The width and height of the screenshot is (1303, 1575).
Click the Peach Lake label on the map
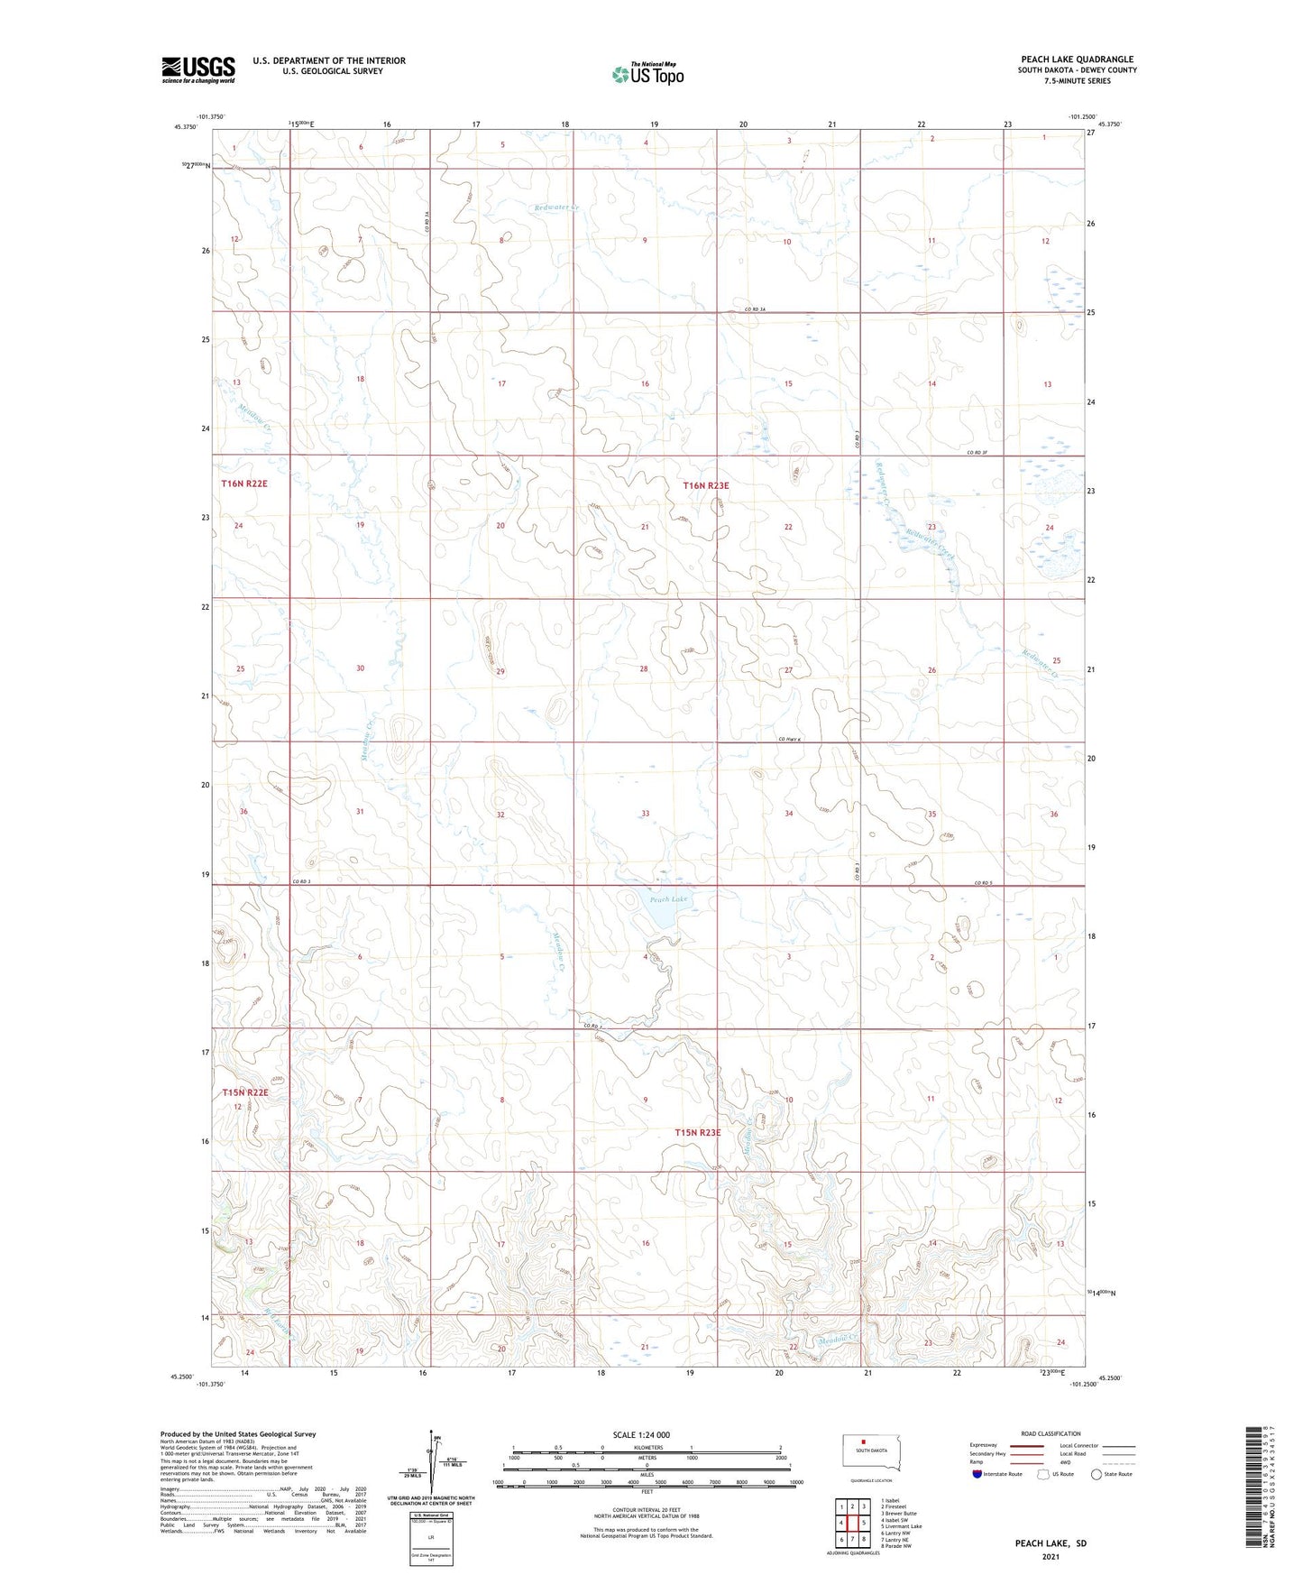[x=668, y=899]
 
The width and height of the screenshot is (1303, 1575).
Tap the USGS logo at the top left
[x=197, y=69]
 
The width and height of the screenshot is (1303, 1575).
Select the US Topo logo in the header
[x=647, y=74]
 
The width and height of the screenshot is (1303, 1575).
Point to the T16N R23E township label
[x=705, y=485]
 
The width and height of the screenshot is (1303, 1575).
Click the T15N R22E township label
[x=245, y=1092]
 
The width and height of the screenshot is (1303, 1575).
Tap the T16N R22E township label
[x=244, y=484]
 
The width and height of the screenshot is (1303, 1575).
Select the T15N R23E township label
[x=698, y=1132]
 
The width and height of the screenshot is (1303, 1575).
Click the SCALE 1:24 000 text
[x=641, y=1435]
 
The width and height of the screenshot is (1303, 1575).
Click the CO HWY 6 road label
[x=789, y=741]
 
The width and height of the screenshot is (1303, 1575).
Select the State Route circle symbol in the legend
[x=1096, y=1475]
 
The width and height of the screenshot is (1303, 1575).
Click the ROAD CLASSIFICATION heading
[x=1051, y=1433]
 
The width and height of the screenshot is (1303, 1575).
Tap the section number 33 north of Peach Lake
[x=645, y=814]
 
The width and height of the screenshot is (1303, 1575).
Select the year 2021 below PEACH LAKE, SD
[x=1051, y=1557]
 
